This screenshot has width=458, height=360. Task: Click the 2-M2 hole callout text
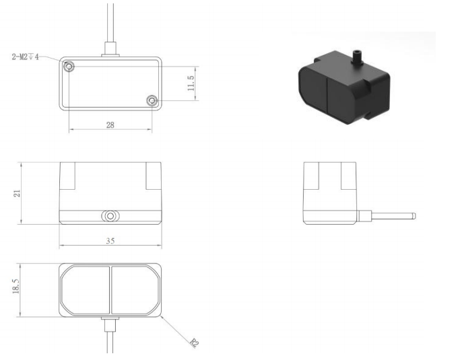coord(25,57)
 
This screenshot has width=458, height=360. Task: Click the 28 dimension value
coord(110,125)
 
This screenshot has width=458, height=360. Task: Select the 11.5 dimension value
coord(191,83)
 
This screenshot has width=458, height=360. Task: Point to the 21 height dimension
coord(18,193)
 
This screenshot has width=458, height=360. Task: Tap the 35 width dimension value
coord(110,241)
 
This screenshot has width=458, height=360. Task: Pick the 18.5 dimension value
coord(15,286)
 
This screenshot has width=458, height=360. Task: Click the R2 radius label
coord(194,343)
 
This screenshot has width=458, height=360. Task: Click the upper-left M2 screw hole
coord(69,67)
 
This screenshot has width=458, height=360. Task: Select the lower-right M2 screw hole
coord(152,101)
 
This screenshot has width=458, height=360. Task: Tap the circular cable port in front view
coord(110,216)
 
